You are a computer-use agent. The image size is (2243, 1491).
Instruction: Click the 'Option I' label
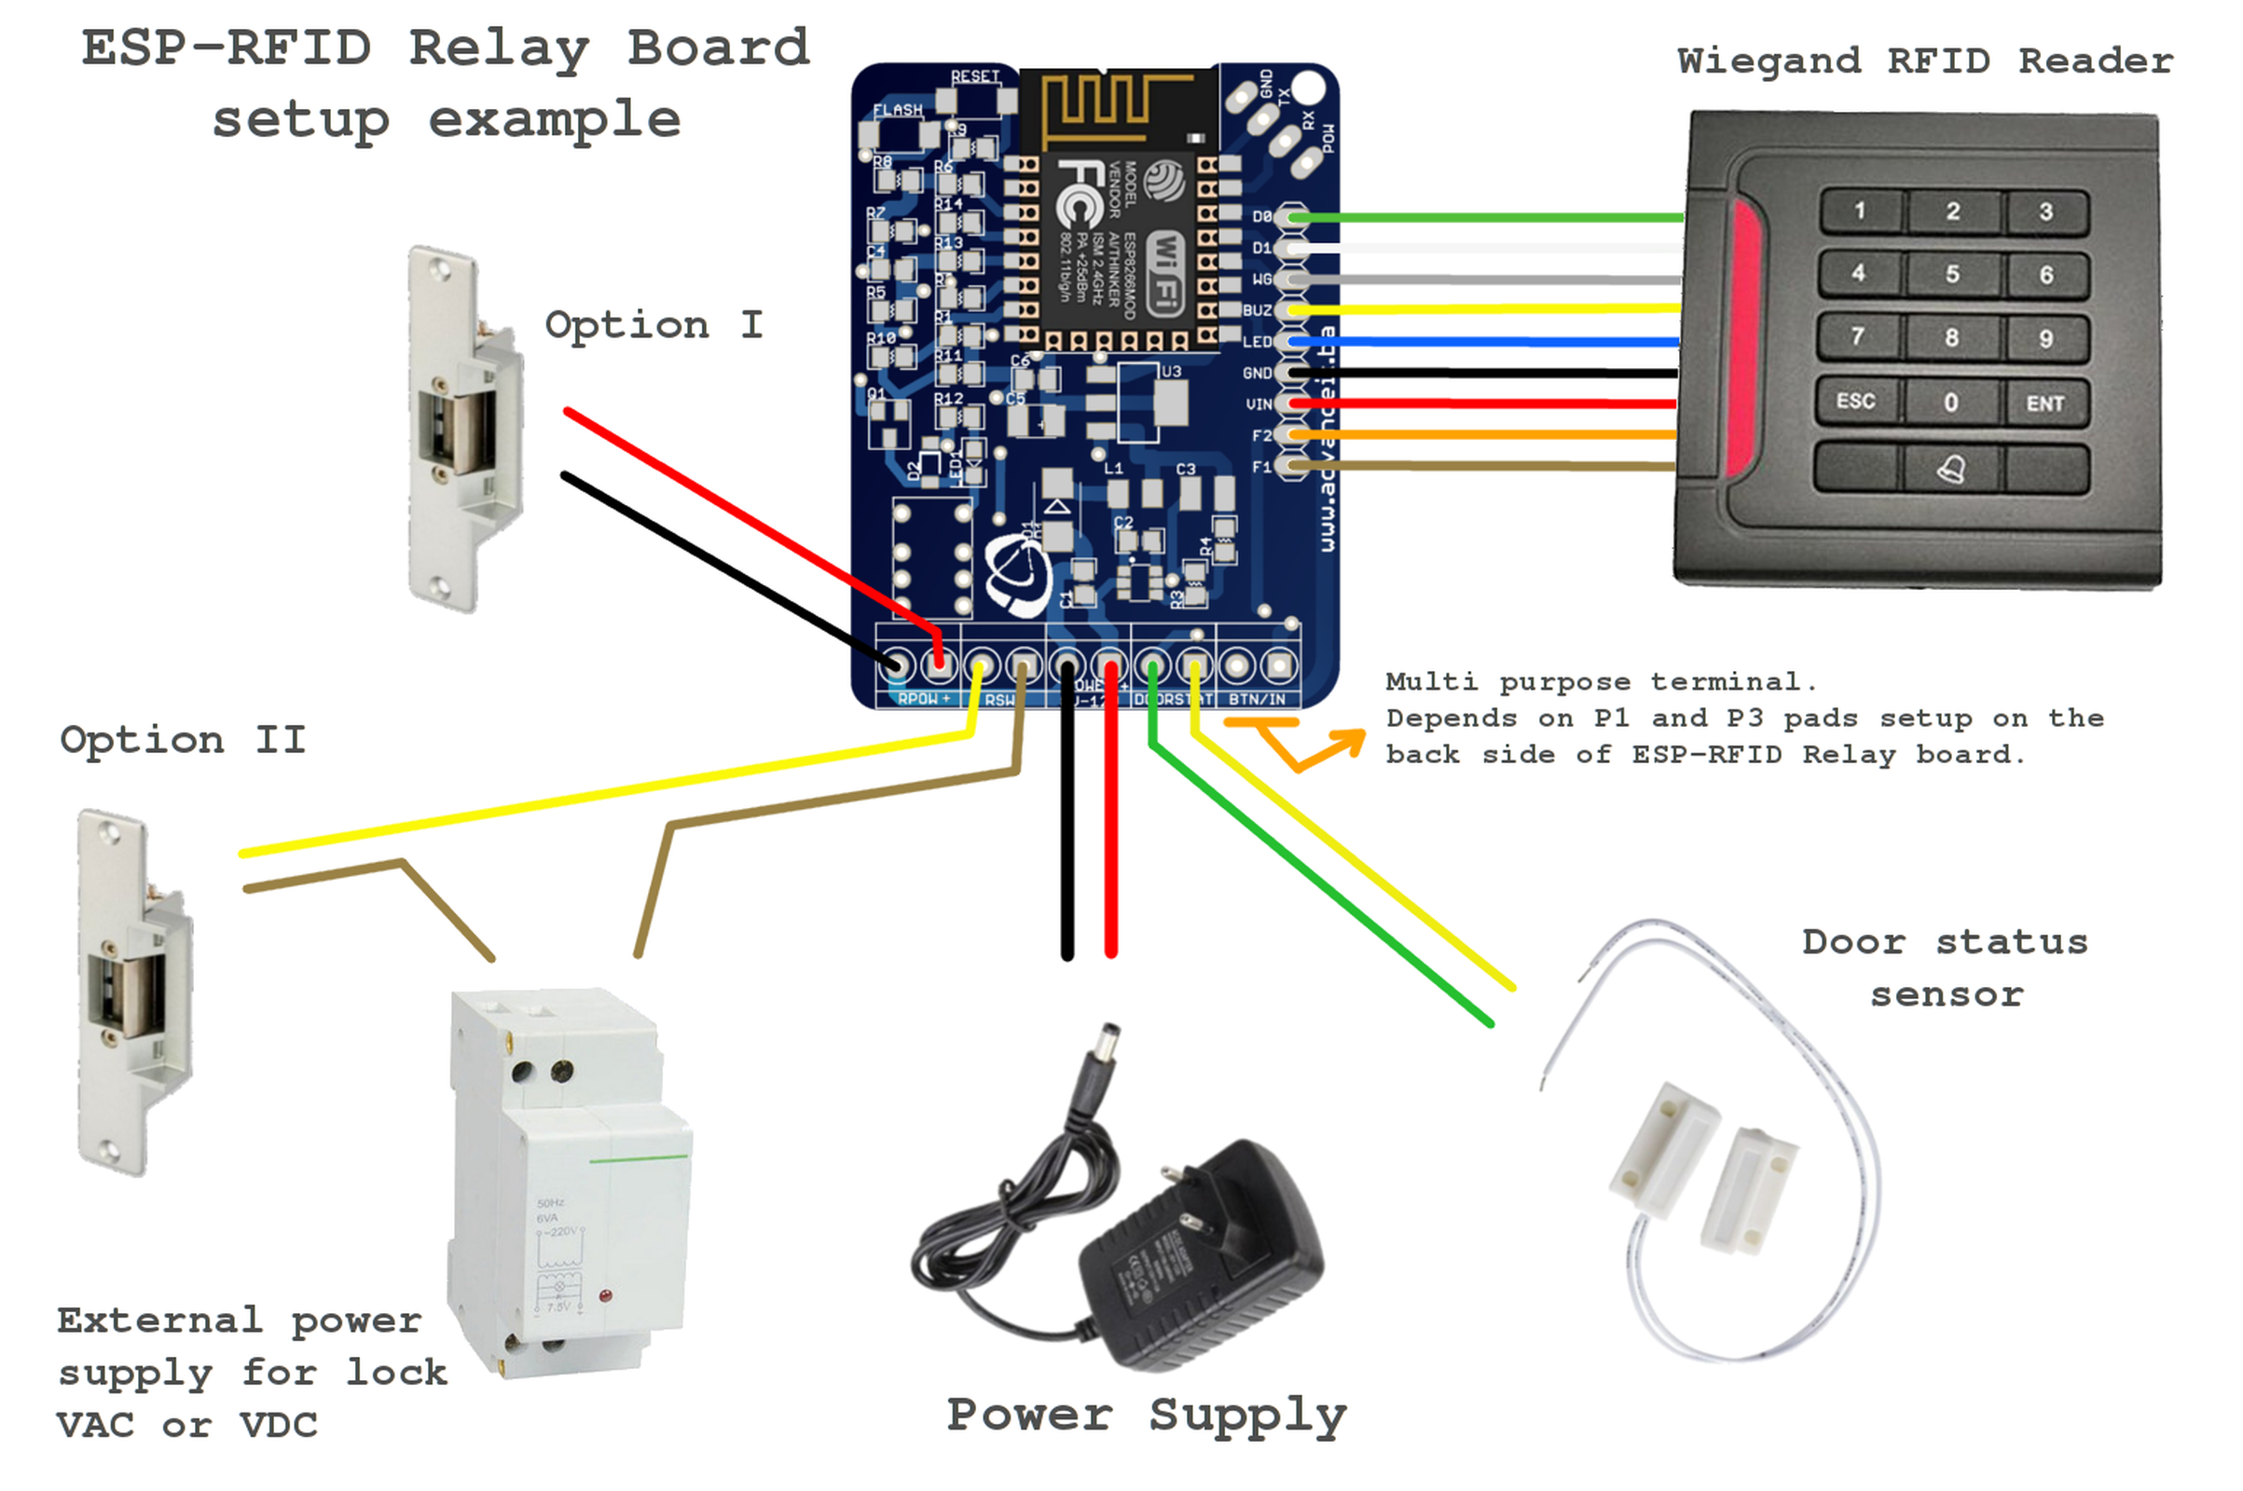click(x=653, y=325)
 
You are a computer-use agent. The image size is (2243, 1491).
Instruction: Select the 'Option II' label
click(x=183, y=739)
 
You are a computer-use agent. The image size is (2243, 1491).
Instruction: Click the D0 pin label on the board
click(x=1260, y=217)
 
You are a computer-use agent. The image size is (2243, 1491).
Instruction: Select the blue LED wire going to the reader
click(x=1484, y=341)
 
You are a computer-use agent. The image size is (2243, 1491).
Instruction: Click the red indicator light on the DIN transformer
click(x=605, y=1295)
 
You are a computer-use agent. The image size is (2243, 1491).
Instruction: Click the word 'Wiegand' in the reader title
click(x=1768, y=62)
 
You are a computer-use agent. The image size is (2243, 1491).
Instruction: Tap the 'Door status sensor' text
click(x=1945, y=967)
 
